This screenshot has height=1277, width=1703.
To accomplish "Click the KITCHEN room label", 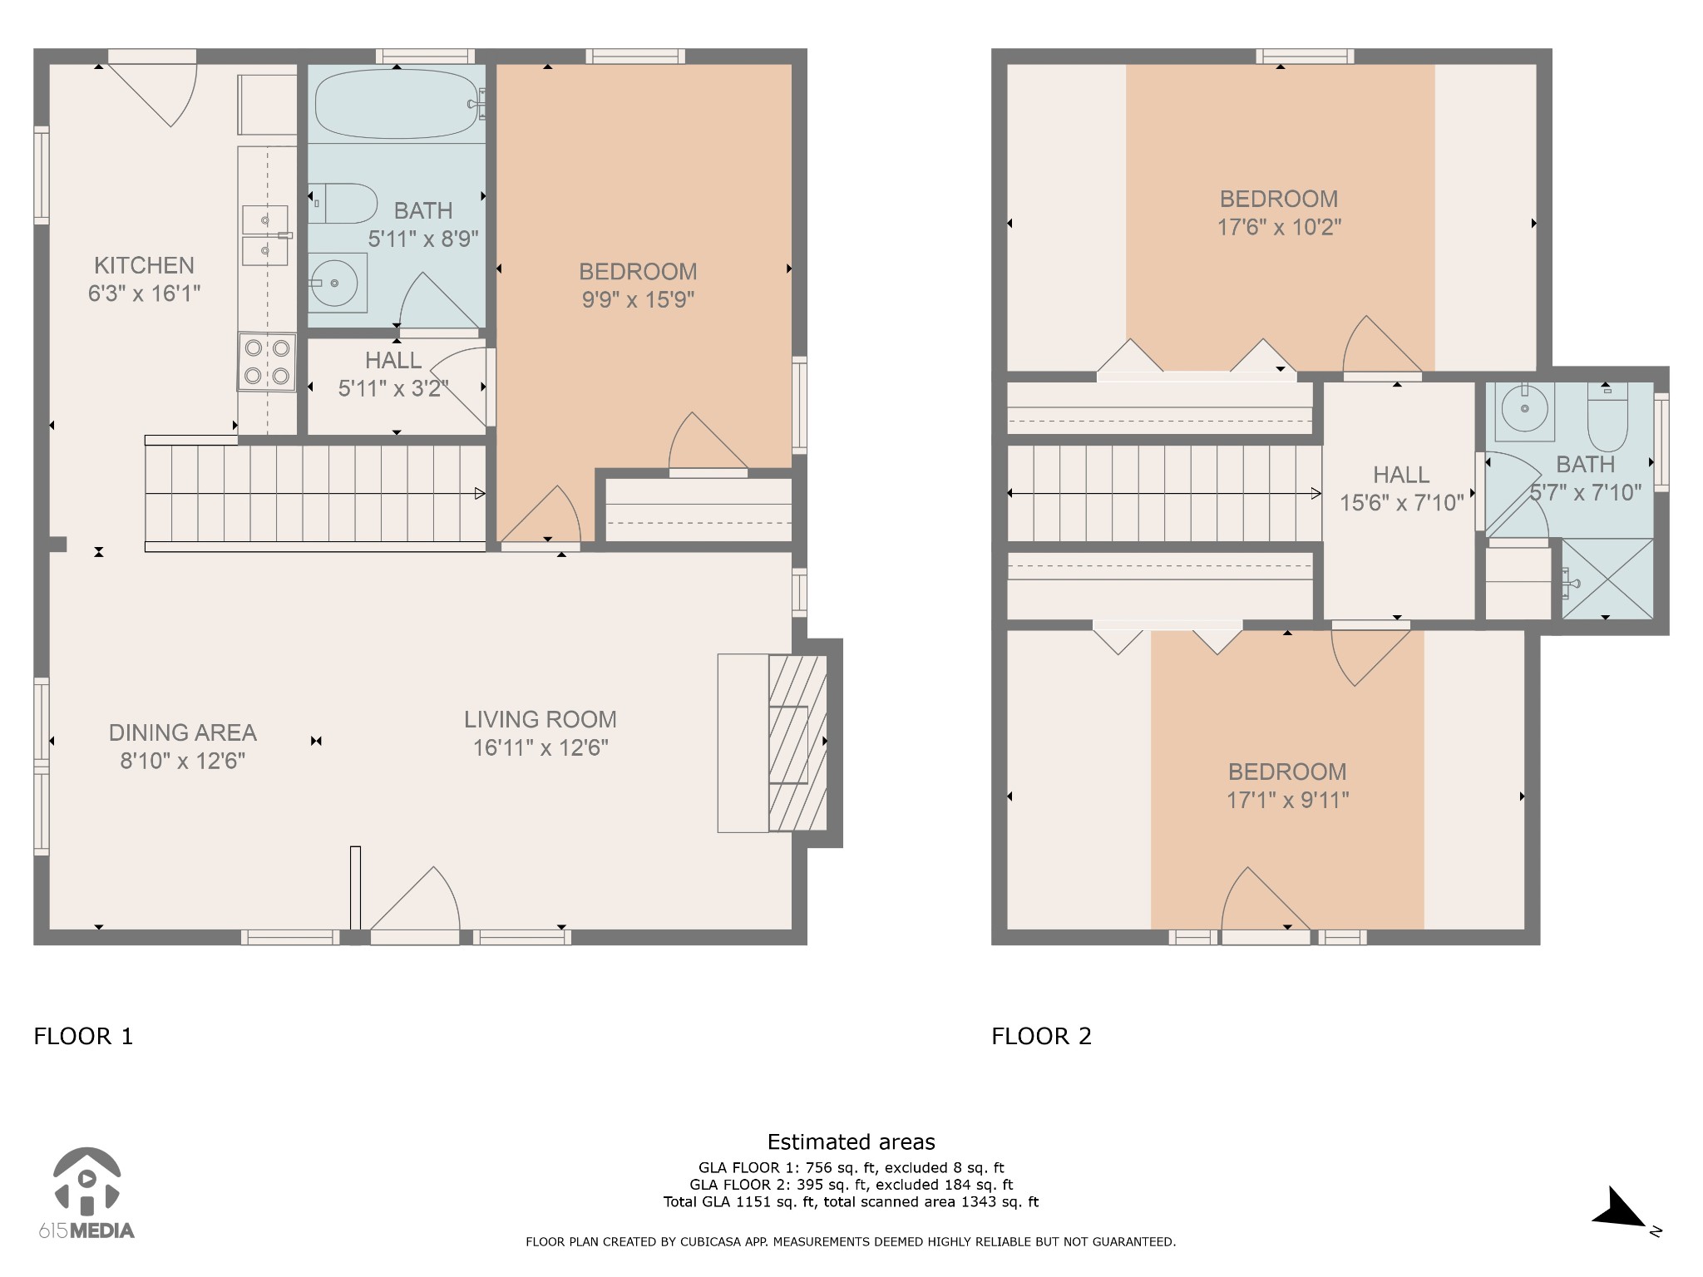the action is click(x=144, y=265).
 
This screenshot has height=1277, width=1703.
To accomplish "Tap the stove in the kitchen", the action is click(x=267, y=362).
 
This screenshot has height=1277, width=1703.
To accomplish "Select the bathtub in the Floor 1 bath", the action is click(x=397, y=104).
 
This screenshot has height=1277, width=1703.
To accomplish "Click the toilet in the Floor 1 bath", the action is click(x=343, y=203).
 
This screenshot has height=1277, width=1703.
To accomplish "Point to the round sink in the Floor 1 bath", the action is click(x=337, y=284).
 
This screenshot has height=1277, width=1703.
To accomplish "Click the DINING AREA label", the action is click(x=182, y=732).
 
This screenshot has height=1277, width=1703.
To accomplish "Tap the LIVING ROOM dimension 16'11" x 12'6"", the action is click(x=541, y=747).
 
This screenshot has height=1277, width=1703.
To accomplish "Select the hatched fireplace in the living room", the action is click(x=797, y=743).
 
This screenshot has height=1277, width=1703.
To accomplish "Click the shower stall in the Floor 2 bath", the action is click(x=1607, y=579).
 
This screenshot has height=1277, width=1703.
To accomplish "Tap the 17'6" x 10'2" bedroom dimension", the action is click(x=1279, y=227).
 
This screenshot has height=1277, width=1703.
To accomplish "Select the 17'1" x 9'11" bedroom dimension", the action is click(x=1287, y=800).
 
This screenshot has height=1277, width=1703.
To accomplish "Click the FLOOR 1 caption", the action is click(x=83, y=1036).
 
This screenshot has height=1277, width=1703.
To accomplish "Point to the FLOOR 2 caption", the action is click(x=1041, y=1036).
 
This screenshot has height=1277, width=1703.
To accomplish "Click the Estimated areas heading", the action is click(x=851, y=1141).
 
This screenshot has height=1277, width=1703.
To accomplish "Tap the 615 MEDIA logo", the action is click(x=86, y=1192).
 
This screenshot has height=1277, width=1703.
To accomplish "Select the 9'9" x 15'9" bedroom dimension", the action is click(x=638, y=299).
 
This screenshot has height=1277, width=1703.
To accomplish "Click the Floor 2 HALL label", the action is click(x=1401, y=475).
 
